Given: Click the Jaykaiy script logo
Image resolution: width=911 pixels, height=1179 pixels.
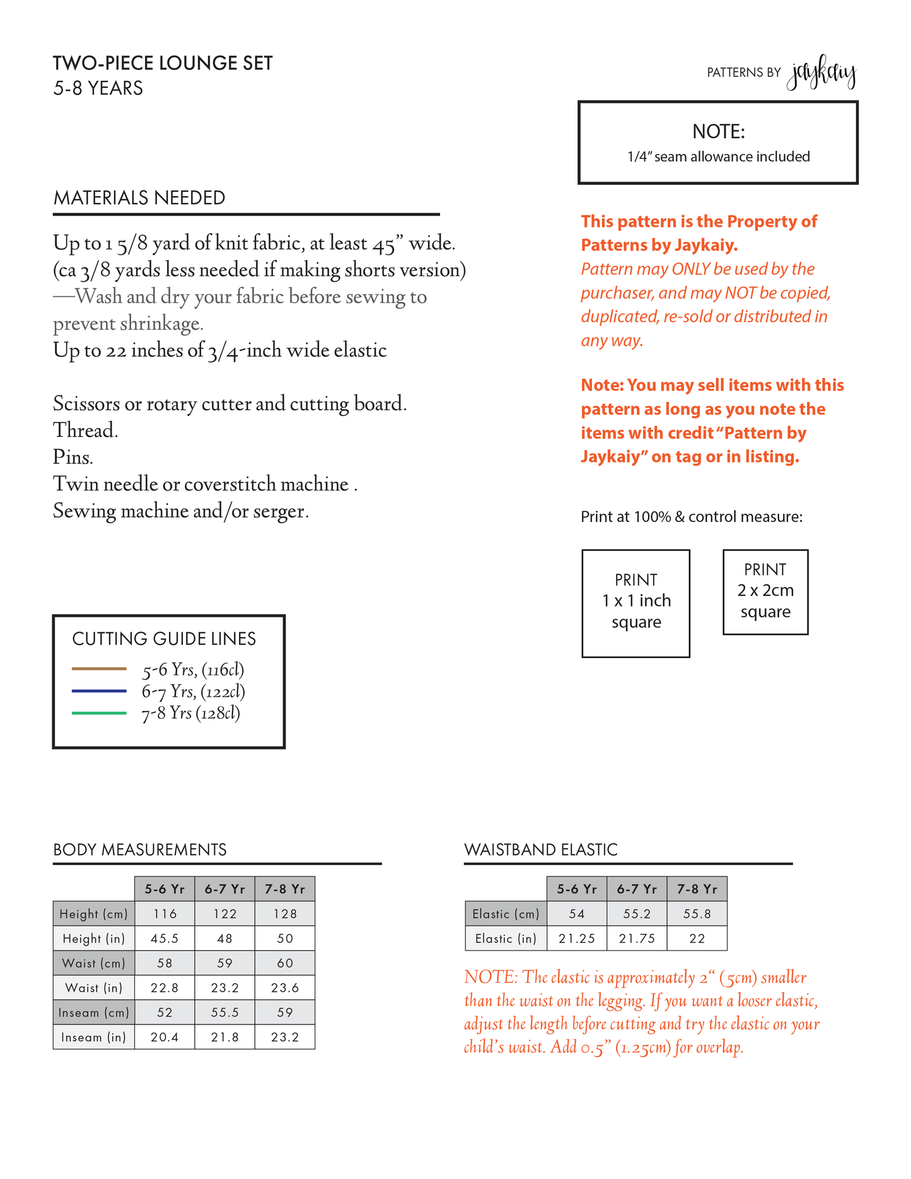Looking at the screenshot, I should pyautogui.click(x=821, y=74).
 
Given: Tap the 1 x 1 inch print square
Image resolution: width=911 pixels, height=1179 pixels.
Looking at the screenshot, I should pyautogui.click(x=635, y=603).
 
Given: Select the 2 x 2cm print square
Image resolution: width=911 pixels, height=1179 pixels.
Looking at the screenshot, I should pyautogui.click(x=765, y=591).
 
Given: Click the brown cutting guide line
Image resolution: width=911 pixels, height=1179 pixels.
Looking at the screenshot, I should pyautogui.click(x=99, y=668).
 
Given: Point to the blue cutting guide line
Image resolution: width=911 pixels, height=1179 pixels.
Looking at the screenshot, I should pyautogui.click(x=99, y=691).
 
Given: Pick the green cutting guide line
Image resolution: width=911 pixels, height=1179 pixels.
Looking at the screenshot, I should pyautogui.click(x=99, y=713).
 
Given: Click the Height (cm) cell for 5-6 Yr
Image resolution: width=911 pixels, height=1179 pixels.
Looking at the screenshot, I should pyautogui.click(x=165, y=914).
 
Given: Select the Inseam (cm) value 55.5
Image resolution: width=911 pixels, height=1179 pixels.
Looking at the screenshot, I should pyautogui.click(x=224, y=1013).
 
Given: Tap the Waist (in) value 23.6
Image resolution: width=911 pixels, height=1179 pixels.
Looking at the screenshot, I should pyautogui.click(x=285, y=988).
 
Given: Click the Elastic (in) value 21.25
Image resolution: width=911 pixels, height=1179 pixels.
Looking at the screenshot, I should pyautogui.click(x=577, y=939).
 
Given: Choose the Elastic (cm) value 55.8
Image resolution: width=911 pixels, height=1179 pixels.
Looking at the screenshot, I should pyautogui.click(x=697, y=914).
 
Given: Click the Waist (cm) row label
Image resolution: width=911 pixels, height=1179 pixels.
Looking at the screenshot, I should pyautogui.click(x=94, y=963).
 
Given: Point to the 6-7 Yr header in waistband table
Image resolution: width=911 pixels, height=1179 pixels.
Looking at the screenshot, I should pyautogui.click(x=637, y=889).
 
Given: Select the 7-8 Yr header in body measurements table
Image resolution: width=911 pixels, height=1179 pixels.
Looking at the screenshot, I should pyautogui.click(x=285, y=889).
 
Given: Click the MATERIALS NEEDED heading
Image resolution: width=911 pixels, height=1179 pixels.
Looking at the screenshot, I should pyautogui.click(x=139, y=198).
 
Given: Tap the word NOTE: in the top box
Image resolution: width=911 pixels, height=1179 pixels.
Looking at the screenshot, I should pyautogui.click(x=718, y=132).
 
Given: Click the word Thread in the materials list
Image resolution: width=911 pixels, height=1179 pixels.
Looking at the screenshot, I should pyautogui.click(x=85, y=431).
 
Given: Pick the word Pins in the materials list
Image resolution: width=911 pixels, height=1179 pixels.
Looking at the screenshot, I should pyautogui.click(x=73, y=457).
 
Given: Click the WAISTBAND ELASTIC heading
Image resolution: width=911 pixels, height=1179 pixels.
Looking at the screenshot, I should pyautogui.click(x=540, y=850).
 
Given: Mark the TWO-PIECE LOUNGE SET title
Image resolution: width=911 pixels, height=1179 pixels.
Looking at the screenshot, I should pyautogui.click(x=163, y=64).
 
